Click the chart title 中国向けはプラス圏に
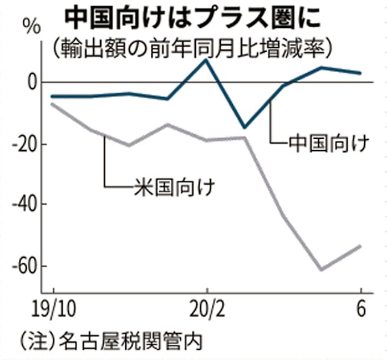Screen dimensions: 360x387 click(193, 18)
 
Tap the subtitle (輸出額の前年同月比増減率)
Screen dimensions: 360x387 click(193, 47)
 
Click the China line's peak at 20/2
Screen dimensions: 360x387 click(207, 59)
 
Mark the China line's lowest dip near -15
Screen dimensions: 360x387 click(245, 127)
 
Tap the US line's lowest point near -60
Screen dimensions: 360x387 click(322, 270)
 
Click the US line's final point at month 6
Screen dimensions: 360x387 click(360, 246)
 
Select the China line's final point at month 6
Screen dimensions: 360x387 click(360, 73)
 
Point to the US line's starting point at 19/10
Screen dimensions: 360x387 click(52, 104)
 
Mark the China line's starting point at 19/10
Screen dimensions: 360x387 click(52, 96)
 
